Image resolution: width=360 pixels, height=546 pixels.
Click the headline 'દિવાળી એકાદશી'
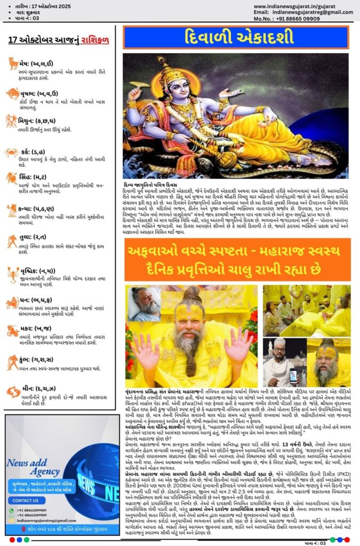point(235,38)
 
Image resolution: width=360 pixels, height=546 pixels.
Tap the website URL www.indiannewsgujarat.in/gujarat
point(302,6)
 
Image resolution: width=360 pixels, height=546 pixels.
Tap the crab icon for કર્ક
point(11,152)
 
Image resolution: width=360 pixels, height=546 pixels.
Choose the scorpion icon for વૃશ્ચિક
point(13,274)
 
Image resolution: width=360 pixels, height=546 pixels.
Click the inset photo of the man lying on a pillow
point(144,304)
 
